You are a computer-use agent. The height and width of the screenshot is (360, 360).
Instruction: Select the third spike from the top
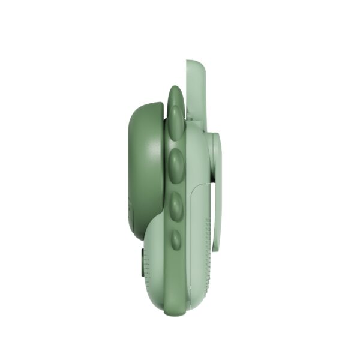click(x=176, y=205)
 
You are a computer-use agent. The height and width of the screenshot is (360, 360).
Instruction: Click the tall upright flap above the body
click(x=196, y=90)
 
